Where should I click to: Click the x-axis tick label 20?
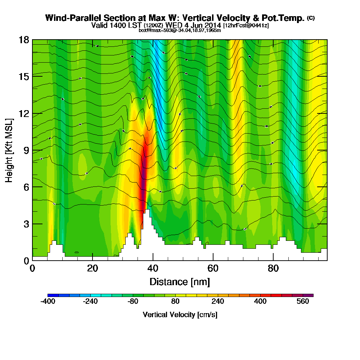[x=93, y=269]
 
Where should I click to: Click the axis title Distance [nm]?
[x=180, y=282]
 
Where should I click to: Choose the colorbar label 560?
[x=303, y=302]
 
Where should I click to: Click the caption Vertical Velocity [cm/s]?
[x=180, y=315]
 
